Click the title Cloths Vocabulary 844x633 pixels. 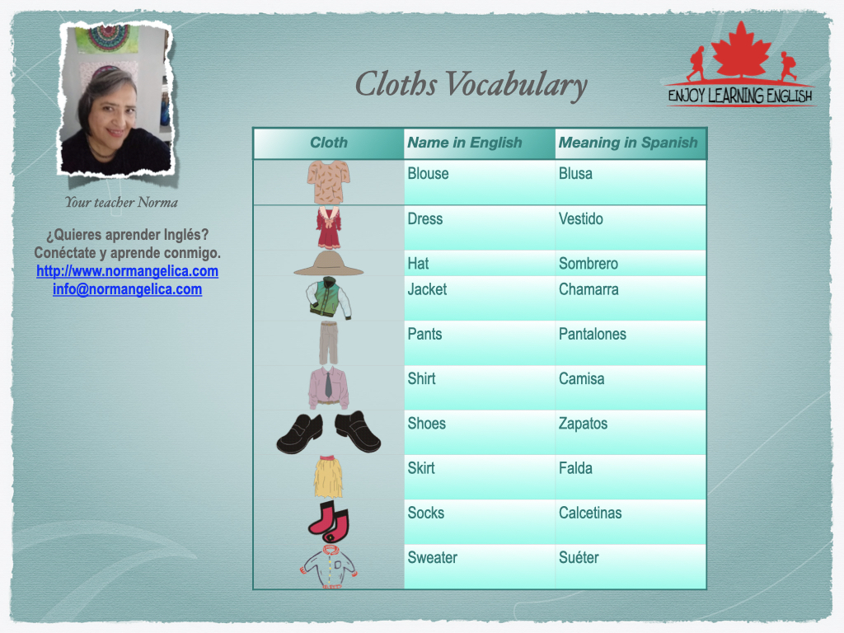coord(471,85)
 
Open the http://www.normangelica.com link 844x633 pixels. coord(128,270)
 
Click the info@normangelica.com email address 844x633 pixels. coord(128,289)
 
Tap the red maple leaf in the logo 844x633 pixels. coord(741,50)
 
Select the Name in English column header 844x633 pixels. coord(465,143)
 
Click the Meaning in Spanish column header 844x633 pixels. coord(628,143)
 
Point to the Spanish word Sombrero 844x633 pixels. coord(588,263)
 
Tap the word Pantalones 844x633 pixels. coord(593,334)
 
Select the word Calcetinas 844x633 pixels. coord(590,513)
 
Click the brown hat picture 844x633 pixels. coord(328,263)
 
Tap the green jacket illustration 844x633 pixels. coord(329,298)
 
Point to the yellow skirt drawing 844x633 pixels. coord(328,476)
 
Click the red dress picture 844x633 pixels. coord(329,227)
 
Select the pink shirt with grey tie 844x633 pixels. coord(328,387)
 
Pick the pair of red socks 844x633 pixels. coord(329,522)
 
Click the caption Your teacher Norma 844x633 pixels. coord(121,203)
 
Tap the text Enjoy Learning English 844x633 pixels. coord(740,96)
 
